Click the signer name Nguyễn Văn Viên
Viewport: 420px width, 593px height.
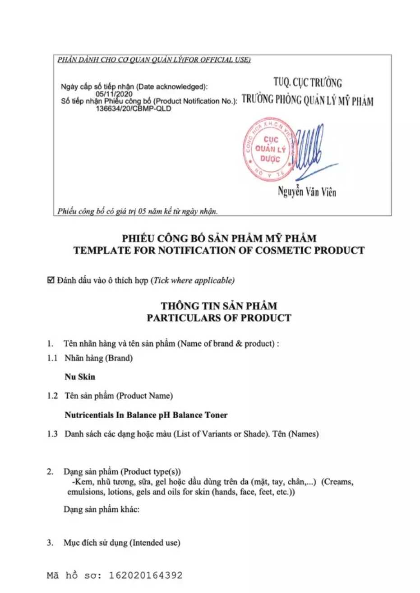pyautogui.click(x=307, y=192)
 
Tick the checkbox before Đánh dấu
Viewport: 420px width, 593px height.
pyautogui.click(x=51, y=280)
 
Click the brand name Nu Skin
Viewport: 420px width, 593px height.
pyautogui.click(x=80, y=377)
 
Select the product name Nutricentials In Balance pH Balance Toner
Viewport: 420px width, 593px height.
pyautogui.click(x=146, y=415)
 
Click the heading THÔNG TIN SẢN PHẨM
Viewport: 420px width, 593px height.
pyautogui.click(x=219, y=306)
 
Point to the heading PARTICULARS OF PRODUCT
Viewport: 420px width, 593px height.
pyautogui.click(x=219, y=318)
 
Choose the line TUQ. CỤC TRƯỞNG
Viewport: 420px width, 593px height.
pyautogui.click(x=307, y=83)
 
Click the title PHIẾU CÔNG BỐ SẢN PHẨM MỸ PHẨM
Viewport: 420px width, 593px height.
pyautogui.click(x=219, y=238)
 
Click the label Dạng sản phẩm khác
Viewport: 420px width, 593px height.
pyautogui.click(x=102, y=510)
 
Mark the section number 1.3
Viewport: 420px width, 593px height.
pyautogui.click(x=52, y=434)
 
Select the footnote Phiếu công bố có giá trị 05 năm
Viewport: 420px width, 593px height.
pyautogui.click(x=137, y=211)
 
